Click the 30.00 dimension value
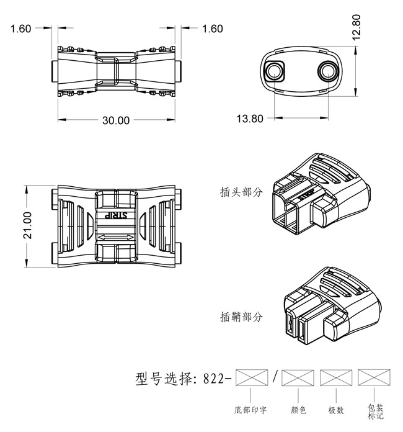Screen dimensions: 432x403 tap(116, 120)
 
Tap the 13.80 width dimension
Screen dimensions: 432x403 tap(250, 118)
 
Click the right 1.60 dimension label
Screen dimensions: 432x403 tap(212, 29)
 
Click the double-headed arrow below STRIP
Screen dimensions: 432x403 tap(116, 238)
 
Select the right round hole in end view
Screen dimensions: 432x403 tap(327, 71)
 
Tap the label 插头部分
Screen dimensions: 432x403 tap(242, 192)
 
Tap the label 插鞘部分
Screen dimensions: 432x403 tap(242, 317)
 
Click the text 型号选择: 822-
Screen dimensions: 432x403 tap(183, 378)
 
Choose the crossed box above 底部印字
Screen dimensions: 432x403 tap(251, 377)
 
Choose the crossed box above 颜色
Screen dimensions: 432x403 tap(298, 377)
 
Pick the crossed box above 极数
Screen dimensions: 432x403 tap(335, 377)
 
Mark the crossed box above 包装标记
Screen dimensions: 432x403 tap(373, 377)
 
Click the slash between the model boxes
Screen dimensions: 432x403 tap(275, 377)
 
